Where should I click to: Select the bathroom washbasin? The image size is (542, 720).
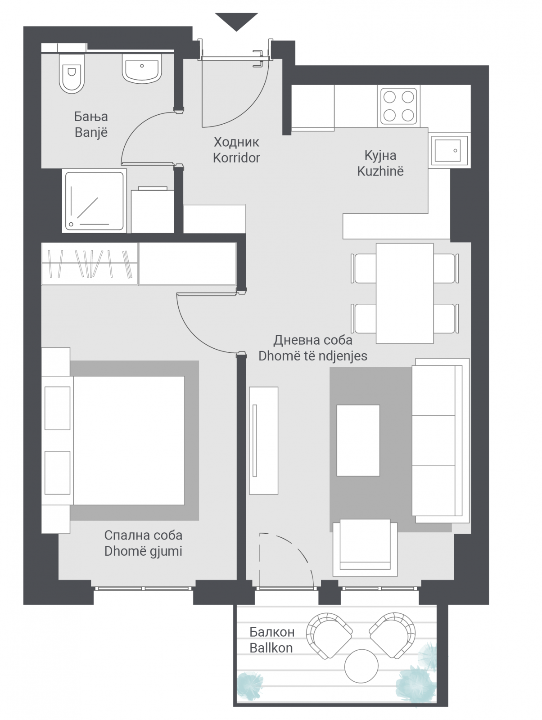[142, 68]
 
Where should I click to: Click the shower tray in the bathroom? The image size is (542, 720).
[95, 201]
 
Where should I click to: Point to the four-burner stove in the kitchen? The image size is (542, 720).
[399, 106]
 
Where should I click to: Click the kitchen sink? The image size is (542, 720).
[449, 150]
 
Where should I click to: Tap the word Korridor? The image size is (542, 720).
[236, 158]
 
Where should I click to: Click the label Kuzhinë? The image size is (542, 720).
[380, 171]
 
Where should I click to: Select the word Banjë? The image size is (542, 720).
[91, 132]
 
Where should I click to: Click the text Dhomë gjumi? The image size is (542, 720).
[143, 551]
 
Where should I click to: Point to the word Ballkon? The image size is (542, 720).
[271, 648]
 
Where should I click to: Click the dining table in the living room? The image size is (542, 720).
[405, 293]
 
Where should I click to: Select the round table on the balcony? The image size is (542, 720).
[361, 666]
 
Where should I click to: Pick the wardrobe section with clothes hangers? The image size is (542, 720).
[90, 264]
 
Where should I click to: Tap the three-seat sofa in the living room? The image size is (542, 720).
[441, 441]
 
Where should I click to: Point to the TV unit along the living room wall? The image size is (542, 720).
[263, 441]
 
